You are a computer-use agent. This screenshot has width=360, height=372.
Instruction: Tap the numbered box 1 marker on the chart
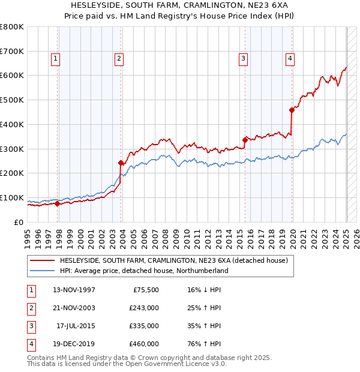click(x=55, y=58)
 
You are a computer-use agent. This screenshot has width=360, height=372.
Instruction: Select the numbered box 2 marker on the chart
click(x=119, y=58)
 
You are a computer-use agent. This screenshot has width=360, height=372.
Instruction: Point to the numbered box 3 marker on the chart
click(x=243, y=58)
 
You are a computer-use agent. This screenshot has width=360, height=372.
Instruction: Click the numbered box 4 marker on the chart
click(x=290, y=58)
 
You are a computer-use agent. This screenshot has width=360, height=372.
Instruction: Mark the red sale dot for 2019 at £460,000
click(x=292, y=110)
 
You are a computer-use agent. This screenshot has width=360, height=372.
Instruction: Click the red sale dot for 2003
click(x=121, y=163)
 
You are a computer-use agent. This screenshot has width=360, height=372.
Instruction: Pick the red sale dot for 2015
click(x=245, y=140)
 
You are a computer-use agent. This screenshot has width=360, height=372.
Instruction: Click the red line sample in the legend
click(x=43, y=260)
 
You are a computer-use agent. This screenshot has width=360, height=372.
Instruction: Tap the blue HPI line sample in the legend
click(x=43, y=271)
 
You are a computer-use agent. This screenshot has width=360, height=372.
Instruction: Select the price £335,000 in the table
click(x=144, y=326)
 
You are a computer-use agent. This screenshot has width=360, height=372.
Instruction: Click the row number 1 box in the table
click(x=31, y=290)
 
